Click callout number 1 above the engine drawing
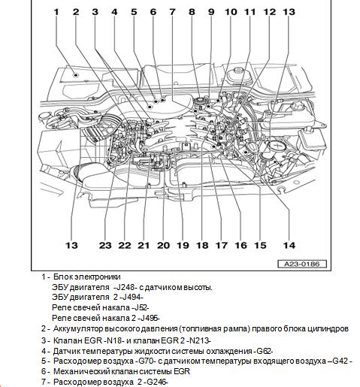[x=56, y=12]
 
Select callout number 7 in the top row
[x=172, y=12]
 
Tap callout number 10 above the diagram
[x=231, y=12]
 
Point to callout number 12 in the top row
[x=270, y=12]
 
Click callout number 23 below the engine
[x=105, y=245]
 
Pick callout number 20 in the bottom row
[x=163, y=245]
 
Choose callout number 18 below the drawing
[x=202, y=245]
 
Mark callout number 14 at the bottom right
[x=289, y=245]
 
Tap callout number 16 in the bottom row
[x=241, y=245]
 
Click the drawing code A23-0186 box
[x=302, y=264]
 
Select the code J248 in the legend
[x=121, y=287]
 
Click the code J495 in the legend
[x=149, y=318]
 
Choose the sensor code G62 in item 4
[x=264, y=351]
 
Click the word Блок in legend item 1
[x=60, y=277]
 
